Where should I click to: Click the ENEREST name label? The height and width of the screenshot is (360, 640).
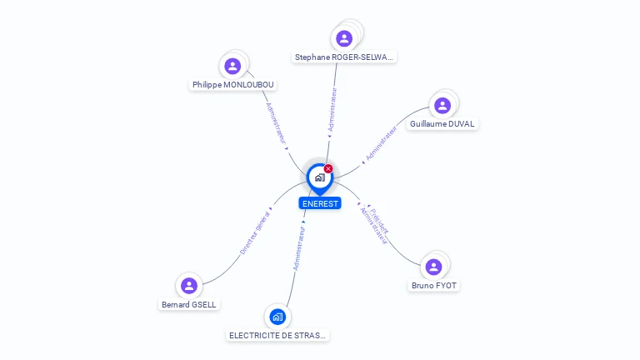(320, 203)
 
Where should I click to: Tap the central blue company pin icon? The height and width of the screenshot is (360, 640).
(319, 177)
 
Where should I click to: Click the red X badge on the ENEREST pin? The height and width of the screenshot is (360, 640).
(328, 168)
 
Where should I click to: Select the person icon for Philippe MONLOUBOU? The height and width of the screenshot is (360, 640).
(232, 66)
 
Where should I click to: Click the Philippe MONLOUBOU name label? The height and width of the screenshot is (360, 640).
(232, 85)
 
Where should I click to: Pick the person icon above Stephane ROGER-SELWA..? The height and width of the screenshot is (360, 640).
(344, 38)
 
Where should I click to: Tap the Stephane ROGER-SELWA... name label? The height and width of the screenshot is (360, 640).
(344, 57)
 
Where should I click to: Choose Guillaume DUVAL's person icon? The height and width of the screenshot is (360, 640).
(442, 105)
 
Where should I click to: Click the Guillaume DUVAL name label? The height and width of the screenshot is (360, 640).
(442, 124)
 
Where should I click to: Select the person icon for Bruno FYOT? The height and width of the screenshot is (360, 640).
(433, 267)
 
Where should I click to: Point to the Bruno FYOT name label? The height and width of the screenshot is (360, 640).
(434, 286)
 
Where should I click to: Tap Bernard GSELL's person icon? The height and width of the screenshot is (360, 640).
(189, 286)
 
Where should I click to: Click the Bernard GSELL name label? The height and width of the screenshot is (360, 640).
(189, 305)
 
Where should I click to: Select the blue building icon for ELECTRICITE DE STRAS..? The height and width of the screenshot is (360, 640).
(277, 317)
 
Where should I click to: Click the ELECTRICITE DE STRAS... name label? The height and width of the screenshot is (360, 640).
(278, 336)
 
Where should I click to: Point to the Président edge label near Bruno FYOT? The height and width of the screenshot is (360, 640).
(380, 219)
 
